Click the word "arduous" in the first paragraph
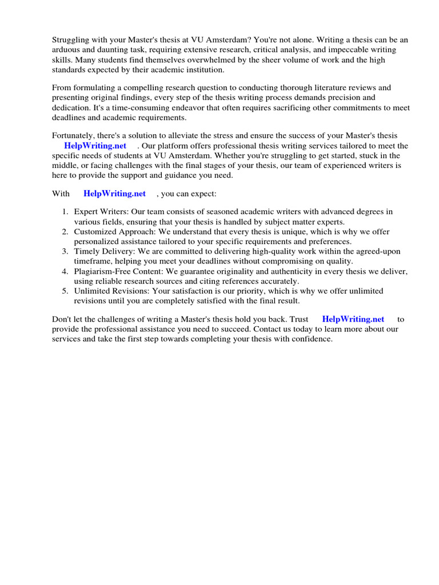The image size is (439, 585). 66,50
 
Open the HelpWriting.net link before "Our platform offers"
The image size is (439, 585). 95,146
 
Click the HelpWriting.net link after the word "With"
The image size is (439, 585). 114,194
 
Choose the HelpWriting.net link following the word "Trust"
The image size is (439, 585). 353,319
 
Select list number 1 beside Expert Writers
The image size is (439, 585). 65,212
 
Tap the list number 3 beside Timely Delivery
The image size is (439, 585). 65,251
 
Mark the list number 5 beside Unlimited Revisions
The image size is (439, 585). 65,291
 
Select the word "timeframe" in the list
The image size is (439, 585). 92,261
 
